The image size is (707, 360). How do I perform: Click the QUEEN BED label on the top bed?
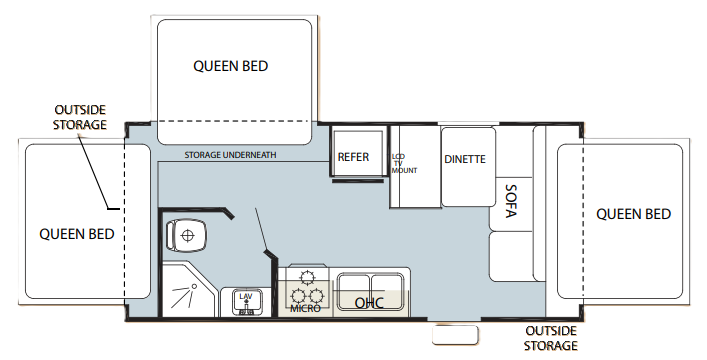pos(231,66)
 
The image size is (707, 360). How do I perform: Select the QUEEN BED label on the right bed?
pos(633,214)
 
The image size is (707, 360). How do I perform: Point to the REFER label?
pos(354,157)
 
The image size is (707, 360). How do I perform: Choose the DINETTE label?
pos(465,159)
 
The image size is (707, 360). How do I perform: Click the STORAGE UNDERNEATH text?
pos(231,156)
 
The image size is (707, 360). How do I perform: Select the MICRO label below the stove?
pos(305,308)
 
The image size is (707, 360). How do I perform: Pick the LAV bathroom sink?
pos(245,299)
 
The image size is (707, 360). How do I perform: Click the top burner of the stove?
pos(307,276)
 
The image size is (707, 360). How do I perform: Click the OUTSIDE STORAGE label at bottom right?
pos(551,337)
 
